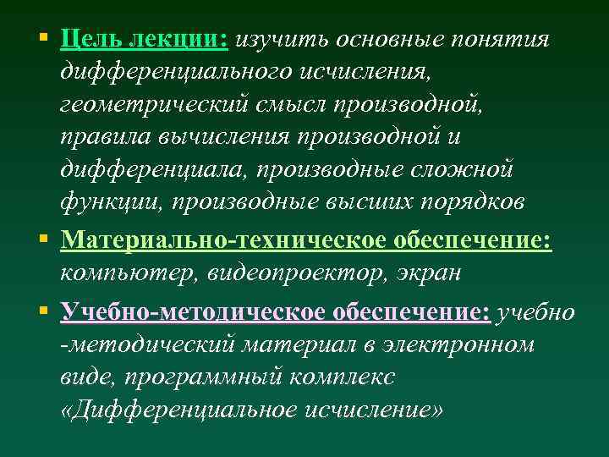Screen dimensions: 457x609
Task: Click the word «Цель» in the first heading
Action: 92,40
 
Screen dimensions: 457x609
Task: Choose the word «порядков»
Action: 482,201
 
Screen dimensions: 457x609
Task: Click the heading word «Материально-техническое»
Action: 222,241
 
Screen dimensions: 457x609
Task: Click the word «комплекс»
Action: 344,377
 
